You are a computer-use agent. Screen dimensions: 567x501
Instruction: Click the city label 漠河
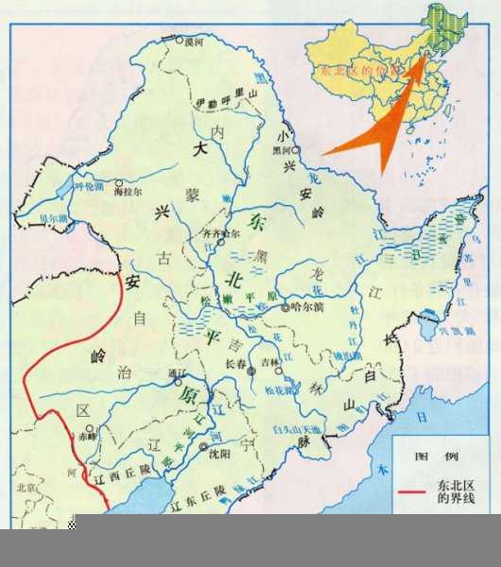pyautogui.click(x=196, y=43)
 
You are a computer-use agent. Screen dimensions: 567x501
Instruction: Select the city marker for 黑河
pyautogui.click(x=296, y=149)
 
